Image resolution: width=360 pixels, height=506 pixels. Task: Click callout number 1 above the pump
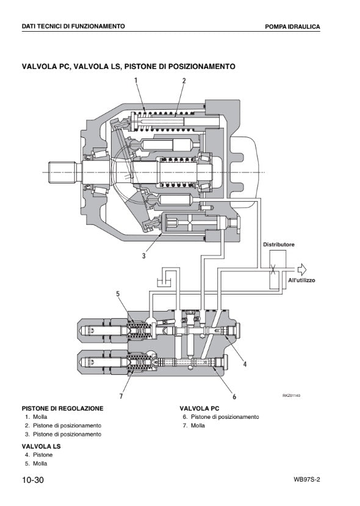136,80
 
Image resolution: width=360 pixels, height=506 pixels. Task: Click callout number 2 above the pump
184,80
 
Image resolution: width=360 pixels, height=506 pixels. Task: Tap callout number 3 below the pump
144,256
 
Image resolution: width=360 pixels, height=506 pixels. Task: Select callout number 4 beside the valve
245,364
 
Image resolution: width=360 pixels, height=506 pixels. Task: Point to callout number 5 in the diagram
118,294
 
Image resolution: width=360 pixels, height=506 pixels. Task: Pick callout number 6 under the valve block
234,396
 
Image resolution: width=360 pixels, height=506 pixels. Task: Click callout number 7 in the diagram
121,396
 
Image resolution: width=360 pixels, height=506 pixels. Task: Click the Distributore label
279,244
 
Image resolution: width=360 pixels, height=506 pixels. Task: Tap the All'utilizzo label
301,280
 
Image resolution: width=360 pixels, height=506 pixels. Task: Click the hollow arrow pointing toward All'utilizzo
301,269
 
